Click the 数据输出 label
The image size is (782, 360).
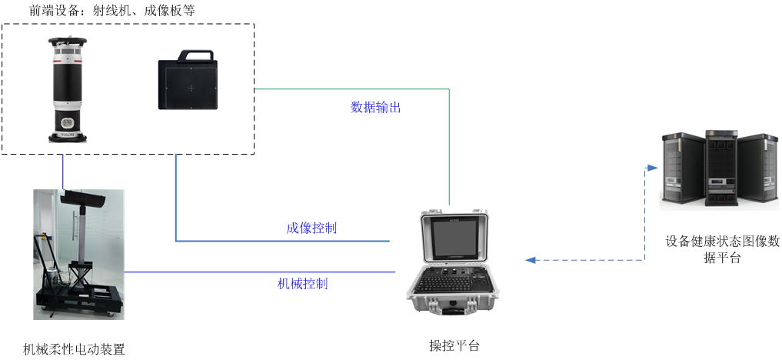(375, 108)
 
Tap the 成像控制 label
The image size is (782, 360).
(311, 228)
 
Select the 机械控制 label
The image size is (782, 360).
(302, 284)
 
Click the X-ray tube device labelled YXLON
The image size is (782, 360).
(68, 88)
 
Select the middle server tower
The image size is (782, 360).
(720, 169)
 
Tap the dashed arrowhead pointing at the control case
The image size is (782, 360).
(530, 260)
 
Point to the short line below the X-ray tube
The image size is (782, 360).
(63, 168)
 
